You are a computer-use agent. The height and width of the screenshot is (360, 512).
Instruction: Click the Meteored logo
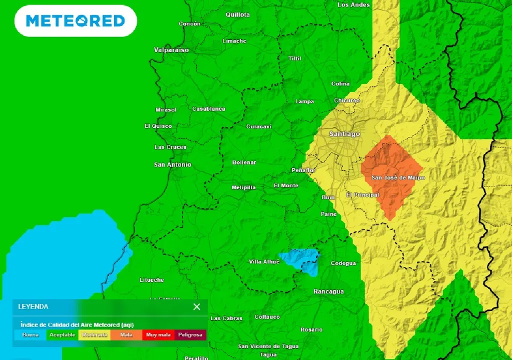click(75, 21)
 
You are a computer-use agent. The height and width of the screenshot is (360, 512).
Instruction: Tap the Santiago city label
click(344, 134)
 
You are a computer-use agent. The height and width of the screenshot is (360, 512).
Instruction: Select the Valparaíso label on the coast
click(171, 50)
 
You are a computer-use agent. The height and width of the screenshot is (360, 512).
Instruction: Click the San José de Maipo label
click(398, 177)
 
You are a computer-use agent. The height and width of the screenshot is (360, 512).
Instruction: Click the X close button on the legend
click(196, 306)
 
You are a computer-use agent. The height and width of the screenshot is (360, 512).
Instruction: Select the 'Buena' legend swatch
click(30, 335)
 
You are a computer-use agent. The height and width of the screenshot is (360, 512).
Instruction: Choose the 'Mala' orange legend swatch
click(126, 335)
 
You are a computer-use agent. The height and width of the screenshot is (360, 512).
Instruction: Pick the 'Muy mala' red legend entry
click(158, 335)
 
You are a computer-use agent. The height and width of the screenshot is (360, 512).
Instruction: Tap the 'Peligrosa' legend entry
click(190, 335)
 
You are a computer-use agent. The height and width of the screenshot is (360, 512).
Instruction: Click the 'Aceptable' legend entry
click(62, 335)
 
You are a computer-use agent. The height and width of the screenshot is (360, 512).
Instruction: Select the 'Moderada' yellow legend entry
click(94, 335)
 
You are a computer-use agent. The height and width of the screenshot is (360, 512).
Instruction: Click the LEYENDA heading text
click(33, 306)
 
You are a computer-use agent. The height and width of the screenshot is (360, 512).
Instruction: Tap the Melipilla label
click(243, 187)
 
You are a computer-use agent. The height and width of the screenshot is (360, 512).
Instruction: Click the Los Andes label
click(353, 5)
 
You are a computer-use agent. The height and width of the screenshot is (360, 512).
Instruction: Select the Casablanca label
click(208, 109)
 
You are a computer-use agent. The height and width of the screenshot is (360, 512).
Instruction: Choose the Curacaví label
click(258, 126)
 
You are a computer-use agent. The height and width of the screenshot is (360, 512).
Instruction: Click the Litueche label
click(151, 280)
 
